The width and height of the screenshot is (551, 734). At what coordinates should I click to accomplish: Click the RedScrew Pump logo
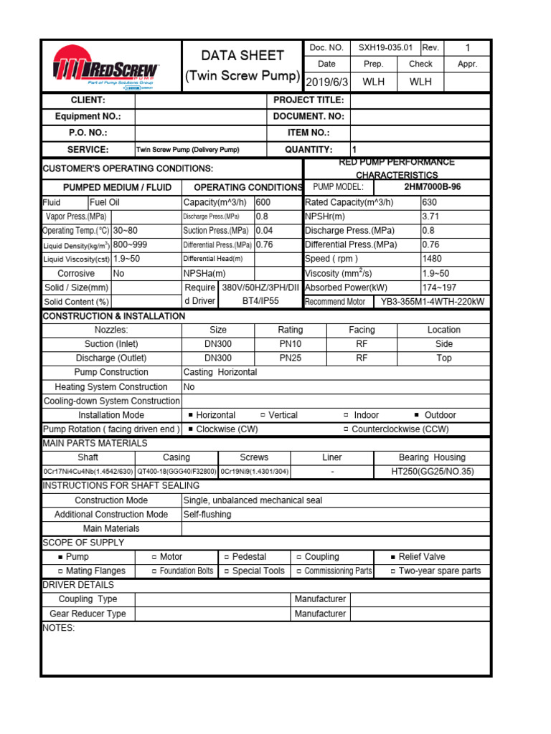106,70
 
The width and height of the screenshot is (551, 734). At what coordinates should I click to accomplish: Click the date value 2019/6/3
326,82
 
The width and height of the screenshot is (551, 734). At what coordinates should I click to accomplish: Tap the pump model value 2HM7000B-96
433,187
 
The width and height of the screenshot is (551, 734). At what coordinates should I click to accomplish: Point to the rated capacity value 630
430,202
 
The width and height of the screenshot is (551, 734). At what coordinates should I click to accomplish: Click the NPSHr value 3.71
430,216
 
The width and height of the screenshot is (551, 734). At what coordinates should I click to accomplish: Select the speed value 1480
432,259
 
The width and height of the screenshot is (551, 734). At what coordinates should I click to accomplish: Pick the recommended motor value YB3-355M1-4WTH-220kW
433,302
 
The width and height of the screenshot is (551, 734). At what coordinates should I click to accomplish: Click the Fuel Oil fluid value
104,202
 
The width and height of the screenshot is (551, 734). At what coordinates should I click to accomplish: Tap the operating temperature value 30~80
126,231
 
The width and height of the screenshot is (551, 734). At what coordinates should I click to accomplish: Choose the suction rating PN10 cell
290,344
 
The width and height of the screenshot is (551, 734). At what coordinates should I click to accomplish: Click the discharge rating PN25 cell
290,358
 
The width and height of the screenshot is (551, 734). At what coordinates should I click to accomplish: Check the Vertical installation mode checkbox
263,415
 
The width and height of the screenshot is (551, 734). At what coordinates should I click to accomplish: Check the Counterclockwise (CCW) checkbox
346,429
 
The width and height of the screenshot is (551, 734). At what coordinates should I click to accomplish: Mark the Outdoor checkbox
418,415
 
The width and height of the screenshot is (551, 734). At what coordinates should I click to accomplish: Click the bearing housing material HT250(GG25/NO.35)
432,471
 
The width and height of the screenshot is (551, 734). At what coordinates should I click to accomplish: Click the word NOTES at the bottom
59,628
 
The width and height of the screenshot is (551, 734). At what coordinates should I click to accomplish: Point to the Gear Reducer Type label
88,614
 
